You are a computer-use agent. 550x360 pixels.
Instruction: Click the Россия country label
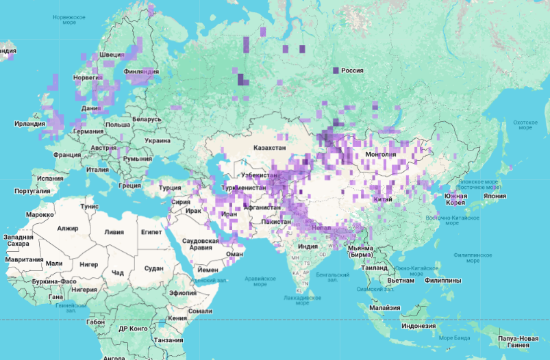352,70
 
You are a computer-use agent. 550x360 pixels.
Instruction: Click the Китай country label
382,198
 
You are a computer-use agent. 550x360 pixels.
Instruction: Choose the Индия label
308,246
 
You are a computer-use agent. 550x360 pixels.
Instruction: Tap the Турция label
170,188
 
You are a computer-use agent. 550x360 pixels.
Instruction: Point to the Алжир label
68,228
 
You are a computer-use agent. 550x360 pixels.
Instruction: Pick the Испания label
50,178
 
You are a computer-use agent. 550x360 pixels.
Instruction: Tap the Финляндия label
142,71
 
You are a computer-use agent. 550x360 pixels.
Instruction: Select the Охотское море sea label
525,124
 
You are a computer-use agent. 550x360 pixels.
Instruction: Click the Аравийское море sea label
260,282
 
